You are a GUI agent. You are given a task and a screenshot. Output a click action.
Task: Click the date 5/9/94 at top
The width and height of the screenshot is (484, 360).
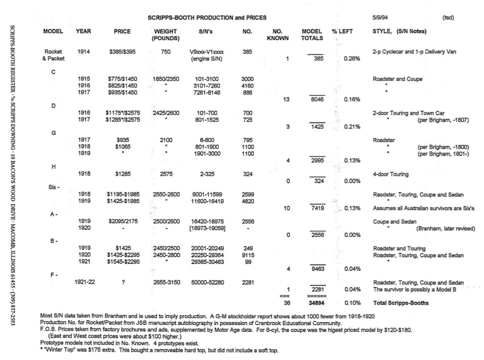(x=380, y=18)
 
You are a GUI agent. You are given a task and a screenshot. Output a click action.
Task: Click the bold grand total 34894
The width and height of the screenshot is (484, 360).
(x=317, y=303)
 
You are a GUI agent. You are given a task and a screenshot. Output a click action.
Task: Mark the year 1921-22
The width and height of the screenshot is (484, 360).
(x=85, y=282)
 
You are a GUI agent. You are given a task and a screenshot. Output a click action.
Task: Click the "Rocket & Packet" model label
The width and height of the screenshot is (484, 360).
(x=53, y=55)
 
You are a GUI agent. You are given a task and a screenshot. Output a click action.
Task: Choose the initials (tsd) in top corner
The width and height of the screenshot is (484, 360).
(x=448, y=18)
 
